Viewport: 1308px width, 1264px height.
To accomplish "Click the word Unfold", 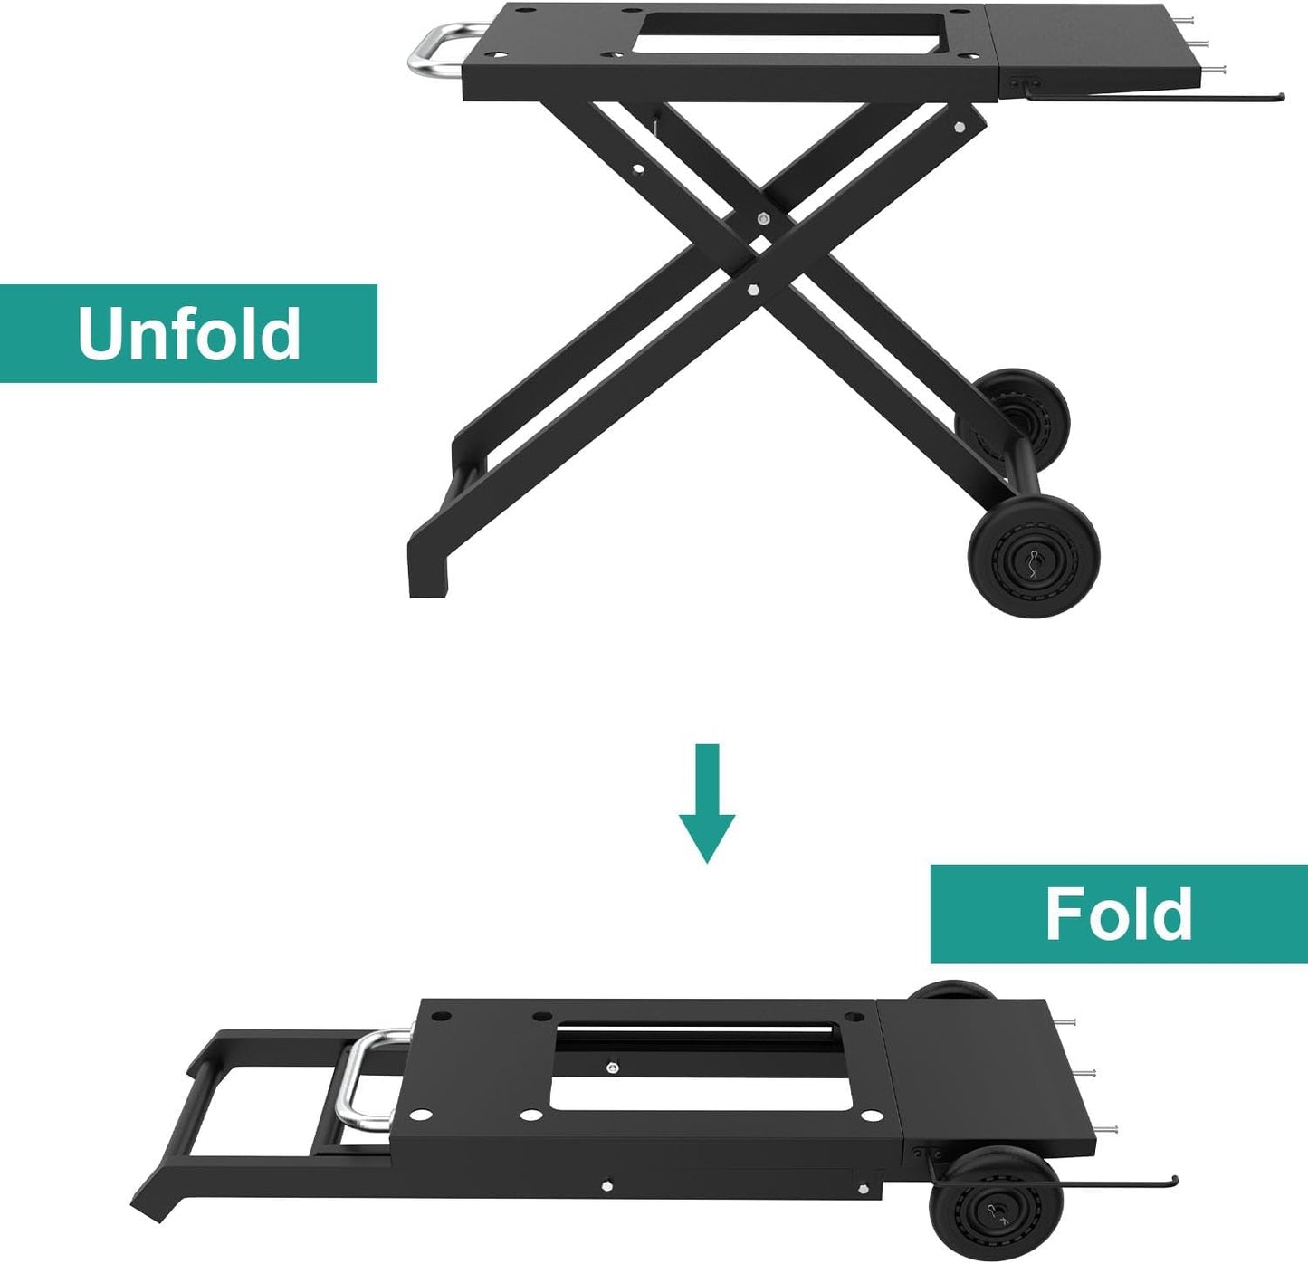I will tap(188, 333).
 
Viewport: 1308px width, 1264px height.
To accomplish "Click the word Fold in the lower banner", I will tap(1119, 914).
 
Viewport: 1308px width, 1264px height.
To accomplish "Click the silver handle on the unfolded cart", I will tap(435, 51).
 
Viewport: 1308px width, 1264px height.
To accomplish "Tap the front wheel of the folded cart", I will tap(997, 1205).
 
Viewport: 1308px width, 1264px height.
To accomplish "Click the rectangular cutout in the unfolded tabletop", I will tap(788, 32).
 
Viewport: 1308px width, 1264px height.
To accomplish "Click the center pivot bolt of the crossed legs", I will tap(763, 218).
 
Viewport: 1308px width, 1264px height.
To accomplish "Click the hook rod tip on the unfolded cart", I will tap(1280, 96).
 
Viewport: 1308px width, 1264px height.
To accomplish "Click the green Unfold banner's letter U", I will tap(99, 333).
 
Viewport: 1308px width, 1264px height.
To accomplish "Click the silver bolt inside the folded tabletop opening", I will tap(613, 1068).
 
